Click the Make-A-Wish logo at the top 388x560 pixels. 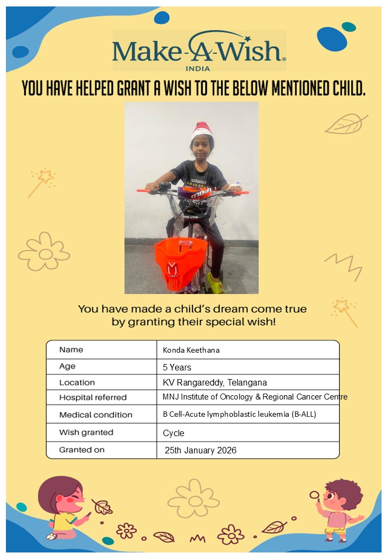[199, 51]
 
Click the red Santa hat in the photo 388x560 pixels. [202, 130]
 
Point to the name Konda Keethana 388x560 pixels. [191, 350]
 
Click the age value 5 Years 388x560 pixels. [177, 367]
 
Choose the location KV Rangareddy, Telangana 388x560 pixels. [215, 383]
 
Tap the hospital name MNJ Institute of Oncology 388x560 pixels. [254, 397]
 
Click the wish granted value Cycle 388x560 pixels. [174, 433]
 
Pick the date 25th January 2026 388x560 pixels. [200, 450]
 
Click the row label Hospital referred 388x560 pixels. [93, 397]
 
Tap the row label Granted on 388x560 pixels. [82, 450]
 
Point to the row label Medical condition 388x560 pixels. [95, 415]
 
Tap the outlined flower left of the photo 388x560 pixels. [44, 252]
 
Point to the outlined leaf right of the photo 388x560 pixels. [346, 124]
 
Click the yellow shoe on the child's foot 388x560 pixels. [215, 282]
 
